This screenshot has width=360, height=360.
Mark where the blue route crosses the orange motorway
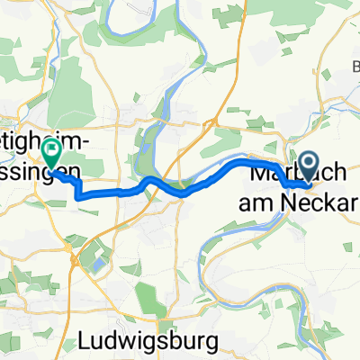tap(184, 192)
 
